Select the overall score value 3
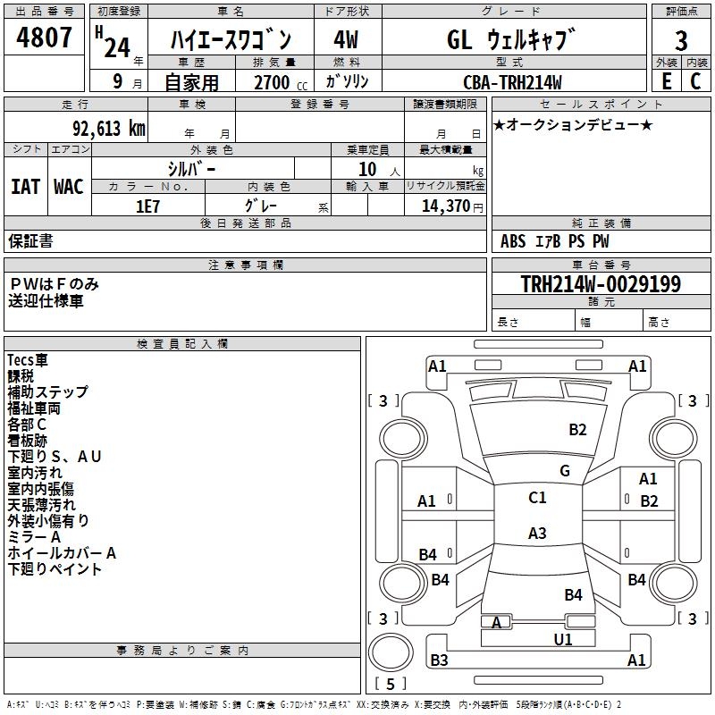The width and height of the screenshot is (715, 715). click(x=681, y=40)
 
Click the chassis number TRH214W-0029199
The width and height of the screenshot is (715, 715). click(x=601, y=284)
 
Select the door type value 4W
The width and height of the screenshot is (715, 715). click(x=346, y=40)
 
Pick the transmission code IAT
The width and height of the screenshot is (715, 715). click(x=25, y=187)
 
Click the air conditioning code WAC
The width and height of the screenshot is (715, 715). click(x=69, y=187)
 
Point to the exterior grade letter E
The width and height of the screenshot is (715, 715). click(x=666, y=81)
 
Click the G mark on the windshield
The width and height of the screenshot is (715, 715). click(x=565, y=471)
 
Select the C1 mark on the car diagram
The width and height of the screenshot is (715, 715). click(x=537, y=498)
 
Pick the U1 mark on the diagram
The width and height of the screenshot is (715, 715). click(x=563, y=639)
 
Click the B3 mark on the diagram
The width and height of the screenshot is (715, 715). click(x=439, y=660)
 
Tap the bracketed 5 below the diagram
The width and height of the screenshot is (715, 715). click(x=391, y=685)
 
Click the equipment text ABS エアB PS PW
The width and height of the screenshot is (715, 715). click(x=554, y=241)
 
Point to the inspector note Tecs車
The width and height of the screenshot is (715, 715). click(x=29, y=359)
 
